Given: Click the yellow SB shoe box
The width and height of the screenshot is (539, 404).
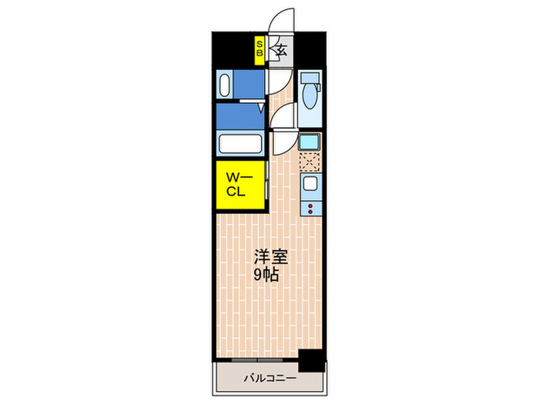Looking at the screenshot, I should [x=260, y=52].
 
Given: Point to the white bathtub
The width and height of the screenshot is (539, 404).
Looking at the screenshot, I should [x=241, y=144].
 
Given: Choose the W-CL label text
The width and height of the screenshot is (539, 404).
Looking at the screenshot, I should [x=236, y=185].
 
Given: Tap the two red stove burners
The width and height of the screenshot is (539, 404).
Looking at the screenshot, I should [x=310, y=207].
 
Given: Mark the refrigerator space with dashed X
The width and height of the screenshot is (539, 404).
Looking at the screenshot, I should [x=310, y=162].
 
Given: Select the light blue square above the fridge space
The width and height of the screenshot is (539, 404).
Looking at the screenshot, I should [x=310, y=142].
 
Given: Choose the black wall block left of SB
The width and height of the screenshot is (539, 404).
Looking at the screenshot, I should [x=234, y=49].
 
